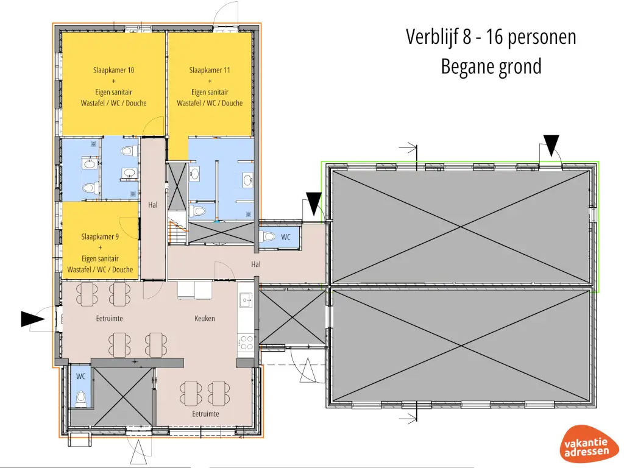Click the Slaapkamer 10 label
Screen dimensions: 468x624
click(x=113, y=70)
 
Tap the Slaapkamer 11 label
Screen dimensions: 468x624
click(x=210, y=70)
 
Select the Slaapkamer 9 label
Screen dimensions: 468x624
click(x=100, y=236)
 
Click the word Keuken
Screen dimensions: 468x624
click(x=205, y=318)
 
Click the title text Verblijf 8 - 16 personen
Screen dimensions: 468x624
click(x=491, y=37)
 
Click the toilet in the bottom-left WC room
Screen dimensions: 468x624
click(x=80, y=399)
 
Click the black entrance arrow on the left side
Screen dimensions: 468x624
click(x=32, y=319)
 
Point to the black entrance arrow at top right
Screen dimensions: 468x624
click(x=551, y=145)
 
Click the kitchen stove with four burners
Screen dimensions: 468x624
click(x=246, y=342)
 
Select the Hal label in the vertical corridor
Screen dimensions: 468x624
click(x=153, y=205)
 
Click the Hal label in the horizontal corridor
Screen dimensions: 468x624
click(x=256, y=264)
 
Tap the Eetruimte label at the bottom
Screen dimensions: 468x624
click(x=205, y=414)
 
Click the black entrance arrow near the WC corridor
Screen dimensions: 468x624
click(x=314, y=203)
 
